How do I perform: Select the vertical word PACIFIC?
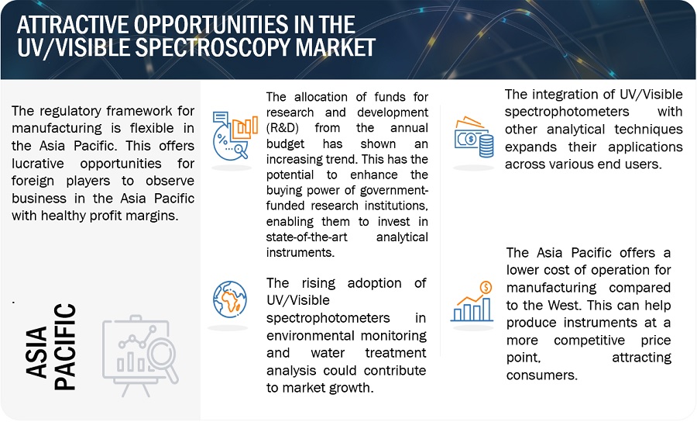65,348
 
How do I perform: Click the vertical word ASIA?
36,352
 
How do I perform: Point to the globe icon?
230,299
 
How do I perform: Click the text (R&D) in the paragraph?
282,128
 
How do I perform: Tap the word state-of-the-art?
307,237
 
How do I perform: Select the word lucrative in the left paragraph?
38,164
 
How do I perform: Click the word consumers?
542,375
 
